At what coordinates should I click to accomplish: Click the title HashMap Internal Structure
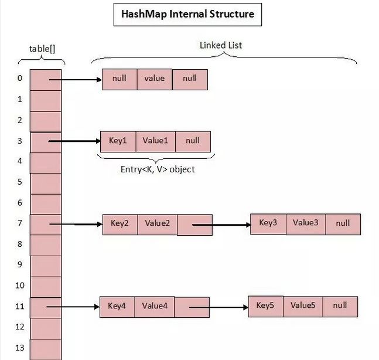pyautogui.click(x=187, y=14)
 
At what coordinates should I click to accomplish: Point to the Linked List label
pyautogui.click(x=221, y=45)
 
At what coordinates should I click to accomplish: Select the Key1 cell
pyautogui.click(x=118, y=141)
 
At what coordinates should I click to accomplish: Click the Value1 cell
pyautogui.click(x=155, y=141)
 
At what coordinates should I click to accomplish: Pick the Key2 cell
pyautogui.click(x=120, y=223)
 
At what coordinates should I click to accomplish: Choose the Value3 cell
pyautogui.click(x=305, y=223)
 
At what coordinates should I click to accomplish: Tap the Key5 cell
pyautogui.click(x=265, y=305)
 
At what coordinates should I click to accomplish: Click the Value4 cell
pyautogui.click(x=155, y=306)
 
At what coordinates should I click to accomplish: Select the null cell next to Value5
pyautogui.click(x=340, y=305)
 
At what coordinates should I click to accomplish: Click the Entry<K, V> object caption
pyautogui.click(x=156, y=169)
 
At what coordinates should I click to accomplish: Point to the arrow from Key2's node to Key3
pyautogui.click(x=221, y=224)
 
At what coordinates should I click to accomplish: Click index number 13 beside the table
pyautogui.click(x=19, y=348)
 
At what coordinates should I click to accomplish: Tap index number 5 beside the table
pyautogui.click(x=19, y=182)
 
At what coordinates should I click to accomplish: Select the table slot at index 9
pyautogui.click(x=45, y=265)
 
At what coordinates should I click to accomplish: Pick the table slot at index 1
pyautogui.click(x=45, y=100)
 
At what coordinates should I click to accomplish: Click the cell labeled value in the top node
pyautogui.click(x=155, y=79)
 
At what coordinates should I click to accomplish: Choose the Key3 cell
pyautogui.click(x=268, y=223)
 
